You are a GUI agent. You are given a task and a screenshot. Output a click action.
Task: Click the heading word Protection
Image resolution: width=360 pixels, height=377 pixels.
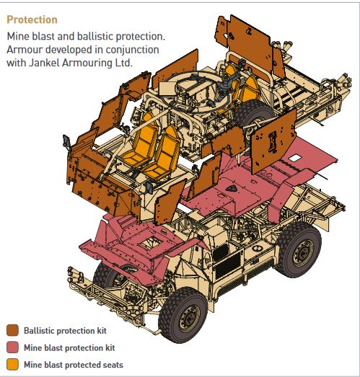pos(32,19)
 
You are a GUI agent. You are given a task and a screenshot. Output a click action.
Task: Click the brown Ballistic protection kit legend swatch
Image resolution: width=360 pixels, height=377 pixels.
pos(12,330)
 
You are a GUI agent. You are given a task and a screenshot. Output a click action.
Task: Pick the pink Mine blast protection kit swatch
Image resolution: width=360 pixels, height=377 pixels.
pos(12,347)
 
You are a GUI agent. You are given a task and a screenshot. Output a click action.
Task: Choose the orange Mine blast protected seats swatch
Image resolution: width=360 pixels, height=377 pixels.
pos(12,364)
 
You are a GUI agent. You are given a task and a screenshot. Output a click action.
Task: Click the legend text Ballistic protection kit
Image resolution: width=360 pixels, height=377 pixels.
pos(65,331)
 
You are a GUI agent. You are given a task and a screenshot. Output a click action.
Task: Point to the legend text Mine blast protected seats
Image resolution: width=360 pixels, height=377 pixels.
pos(74,365)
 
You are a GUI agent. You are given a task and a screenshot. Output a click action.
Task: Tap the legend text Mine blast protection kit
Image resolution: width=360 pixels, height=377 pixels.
pos(69,347)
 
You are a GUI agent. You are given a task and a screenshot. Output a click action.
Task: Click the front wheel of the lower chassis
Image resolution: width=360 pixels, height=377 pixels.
pos(183,314)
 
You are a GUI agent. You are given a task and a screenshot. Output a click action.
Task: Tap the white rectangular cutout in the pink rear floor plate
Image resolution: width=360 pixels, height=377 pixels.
pos(294,158)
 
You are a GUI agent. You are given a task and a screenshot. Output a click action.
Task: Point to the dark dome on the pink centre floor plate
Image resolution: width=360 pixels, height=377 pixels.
pos(232,189)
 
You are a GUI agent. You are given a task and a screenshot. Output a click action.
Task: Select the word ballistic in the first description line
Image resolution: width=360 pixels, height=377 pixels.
pos(95,36)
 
